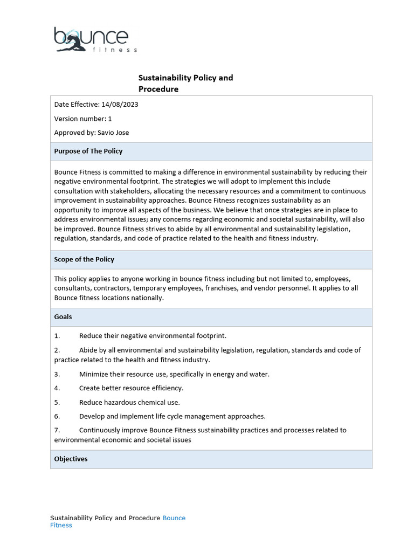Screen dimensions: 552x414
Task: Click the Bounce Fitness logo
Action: (95, 39)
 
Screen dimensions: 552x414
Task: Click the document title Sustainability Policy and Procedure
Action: (185, 83)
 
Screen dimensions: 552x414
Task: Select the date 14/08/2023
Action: (120, 105)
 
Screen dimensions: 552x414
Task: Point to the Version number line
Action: (83, 119)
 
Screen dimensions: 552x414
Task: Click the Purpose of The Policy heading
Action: (88, 151)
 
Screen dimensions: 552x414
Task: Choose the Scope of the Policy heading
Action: (84, 259)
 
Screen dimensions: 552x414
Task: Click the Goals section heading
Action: (63, 317)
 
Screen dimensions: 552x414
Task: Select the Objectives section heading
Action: (71, 459)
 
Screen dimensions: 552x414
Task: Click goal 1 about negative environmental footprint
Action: (153, 336)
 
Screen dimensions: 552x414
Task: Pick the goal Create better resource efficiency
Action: (131, 388)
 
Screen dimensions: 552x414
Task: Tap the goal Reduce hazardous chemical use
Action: (129, 402)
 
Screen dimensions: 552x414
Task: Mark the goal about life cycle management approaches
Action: (172, 416)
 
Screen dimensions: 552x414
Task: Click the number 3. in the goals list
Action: (57, 374)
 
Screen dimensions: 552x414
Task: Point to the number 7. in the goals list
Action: (57, 430)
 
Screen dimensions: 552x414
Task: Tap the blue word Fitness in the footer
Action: (61, 526)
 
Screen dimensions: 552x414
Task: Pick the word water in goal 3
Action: (259, 374)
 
